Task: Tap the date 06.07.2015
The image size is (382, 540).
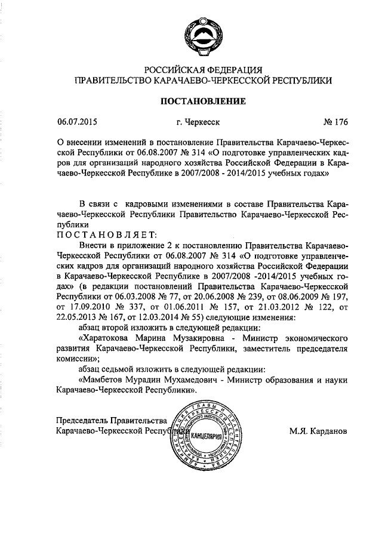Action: [77, 123]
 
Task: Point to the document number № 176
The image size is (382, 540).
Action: [334, 123]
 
